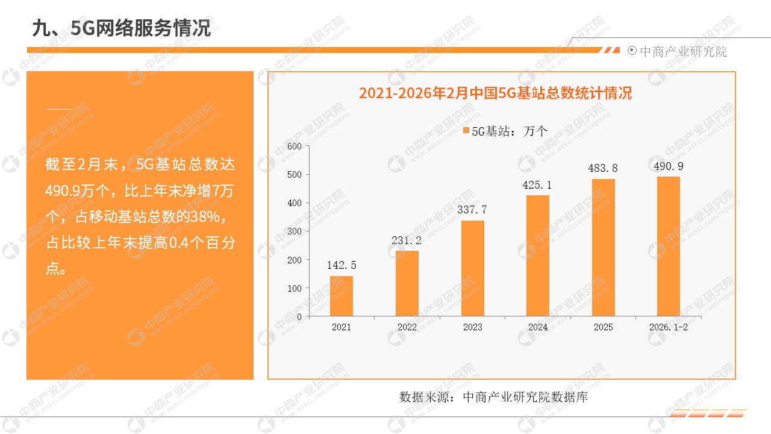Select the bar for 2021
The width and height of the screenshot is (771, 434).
click(342, 296)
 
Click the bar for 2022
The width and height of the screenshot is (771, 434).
click(407, 283)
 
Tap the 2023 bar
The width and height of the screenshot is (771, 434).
click(473, 268)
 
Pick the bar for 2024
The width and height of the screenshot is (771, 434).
click(538, 256)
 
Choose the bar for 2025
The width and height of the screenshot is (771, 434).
click(604, 247)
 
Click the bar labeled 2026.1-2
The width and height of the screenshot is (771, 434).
click(669, 246)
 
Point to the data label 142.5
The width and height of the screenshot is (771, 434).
click(342, 265)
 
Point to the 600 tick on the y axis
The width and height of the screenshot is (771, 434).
click(295, 146)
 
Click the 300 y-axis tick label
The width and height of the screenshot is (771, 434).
click(295, 231)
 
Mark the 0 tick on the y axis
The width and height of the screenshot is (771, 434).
click(299, 316)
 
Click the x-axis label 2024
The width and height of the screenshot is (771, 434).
click(538, 327)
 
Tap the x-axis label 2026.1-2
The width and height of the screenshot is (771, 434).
click(669, 327)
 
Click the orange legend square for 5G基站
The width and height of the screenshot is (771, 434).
click(466, 130)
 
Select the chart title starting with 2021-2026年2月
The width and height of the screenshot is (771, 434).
click(495, 93)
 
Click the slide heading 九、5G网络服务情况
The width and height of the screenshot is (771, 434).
click(122, 27)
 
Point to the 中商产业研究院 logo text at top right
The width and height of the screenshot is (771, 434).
click(683, 52)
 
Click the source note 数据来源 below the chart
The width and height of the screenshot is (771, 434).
click(493, 397)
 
